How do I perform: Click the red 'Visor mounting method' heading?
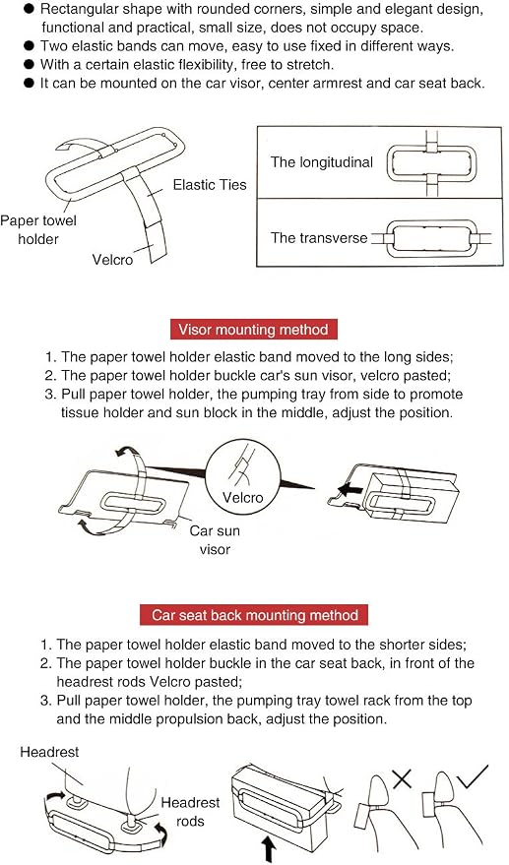click(x=253, y=330)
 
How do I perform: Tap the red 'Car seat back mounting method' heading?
click(x=255, y=615)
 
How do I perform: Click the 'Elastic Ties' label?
click(x=210, y=184)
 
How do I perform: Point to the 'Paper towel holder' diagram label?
click(x=38, y=229)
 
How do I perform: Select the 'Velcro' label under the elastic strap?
click(x=112, y=259)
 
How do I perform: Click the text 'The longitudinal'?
click(x=322, y=162)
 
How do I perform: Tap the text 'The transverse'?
click(x=319, y=238)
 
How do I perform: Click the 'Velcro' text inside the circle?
click(x=242, y=498)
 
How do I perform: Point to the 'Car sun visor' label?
click(x=215, y=539)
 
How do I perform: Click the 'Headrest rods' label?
click(x=190, y=811)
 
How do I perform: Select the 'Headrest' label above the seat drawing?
click(x=49, y=752)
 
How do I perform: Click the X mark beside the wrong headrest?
click(x=402, y=778)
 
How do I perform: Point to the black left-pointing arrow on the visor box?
click(x=350, y=489)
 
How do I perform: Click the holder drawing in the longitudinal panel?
click(x=431, y=163)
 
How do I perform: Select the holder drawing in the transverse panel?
click(x=431, y=238)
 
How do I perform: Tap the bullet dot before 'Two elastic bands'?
click(x=30, y=46)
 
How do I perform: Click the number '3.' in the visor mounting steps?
click(x=51, y=395)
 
